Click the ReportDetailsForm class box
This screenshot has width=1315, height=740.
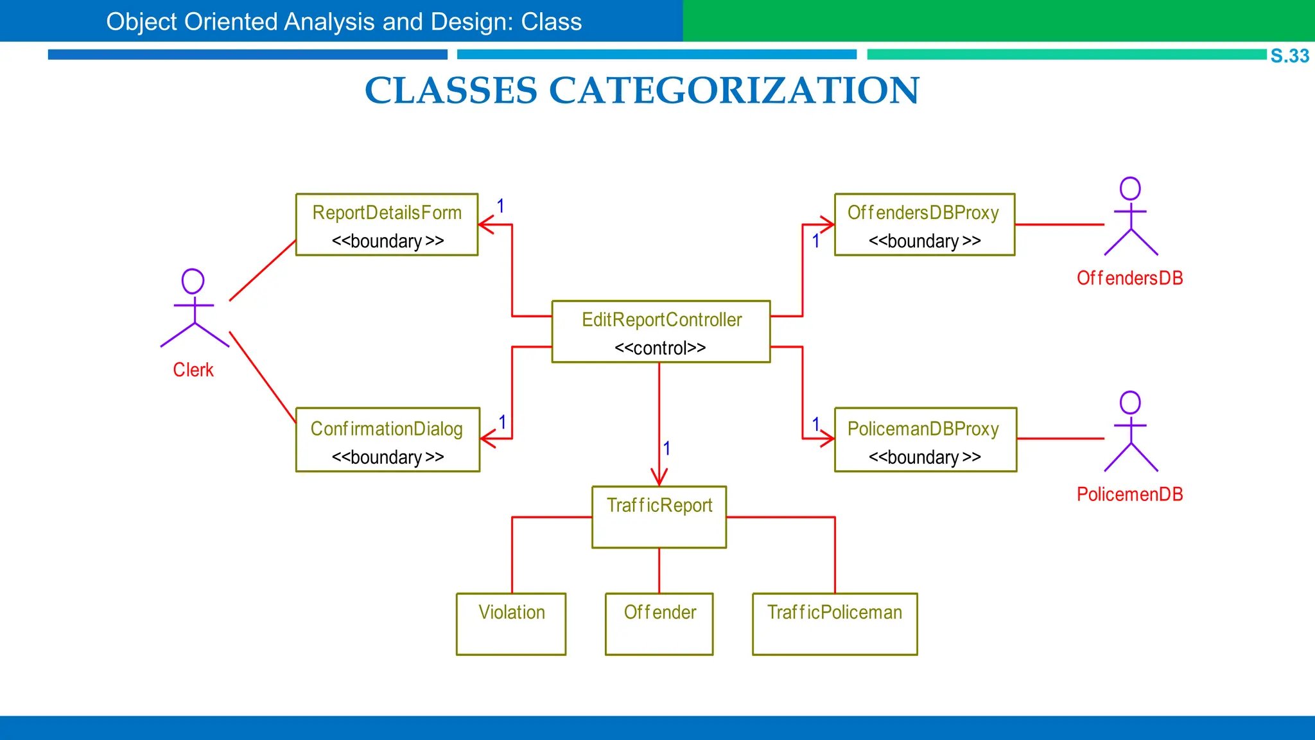[387, 224]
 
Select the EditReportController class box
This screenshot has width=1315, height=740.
[661, 331]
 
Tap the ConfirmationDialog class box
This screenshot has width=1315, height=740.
[387, 440]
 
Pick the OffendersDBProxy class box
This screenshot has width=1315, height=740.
[924, 224]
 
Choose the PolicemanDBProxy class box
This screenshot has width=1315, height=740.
[925, 440]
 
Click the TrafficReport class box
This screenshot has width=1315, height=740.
[659, 517]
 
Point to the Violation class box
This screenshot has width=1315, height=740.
[511, 624]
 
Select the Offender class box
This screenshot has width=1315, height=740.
[659, 624]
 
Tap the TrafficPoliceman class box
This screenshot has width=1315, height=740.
[835, 624]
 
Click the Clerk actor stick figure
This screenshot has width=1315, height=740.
[194, 308]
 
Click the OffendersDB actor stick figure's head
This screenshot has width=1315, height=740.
[1130, 188]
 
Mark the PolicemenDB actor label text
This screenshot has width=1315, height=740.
[1129, 494]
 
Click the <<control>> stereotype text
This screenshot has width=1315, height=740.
[660, 348]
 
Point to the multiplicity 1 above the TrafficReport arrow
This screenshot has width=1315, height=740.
[666, 448]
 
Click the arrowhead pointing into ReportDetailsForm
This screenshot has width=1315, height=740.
[486, 224]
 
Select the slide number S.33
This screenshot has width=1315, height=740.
[1289, 56]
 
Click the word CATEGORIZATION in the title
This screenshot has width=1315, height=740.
[734, 90]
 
